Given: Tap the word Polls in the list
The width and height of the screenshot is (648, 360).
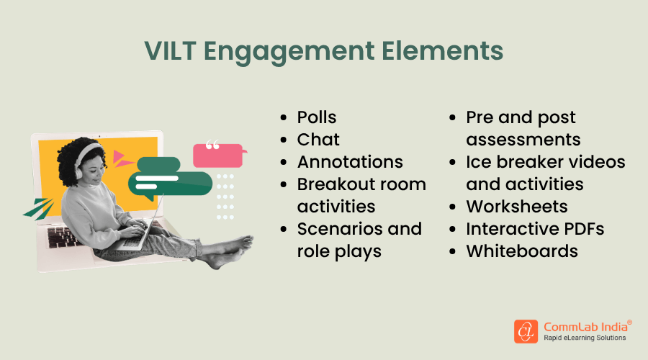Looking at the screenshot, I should tap(317, 117).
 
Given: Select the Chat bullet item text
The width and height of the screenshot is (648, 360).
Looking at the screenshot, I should tap(318, 140).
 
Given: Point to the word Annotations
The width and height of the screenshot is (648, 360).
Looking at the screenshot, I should tap(350, 162).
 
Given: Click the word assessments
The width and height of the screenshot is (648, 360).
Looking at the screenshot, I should tap(523, 140).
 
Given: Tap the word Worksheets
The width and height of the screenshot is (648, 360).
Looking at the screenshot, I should tap(517, 207).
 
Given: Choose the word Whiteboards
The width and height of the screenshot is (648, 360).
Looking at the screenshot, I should tap(522, 251).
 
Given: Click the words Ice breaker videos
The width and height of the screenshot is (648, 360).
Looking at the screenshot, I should tap(546, 162).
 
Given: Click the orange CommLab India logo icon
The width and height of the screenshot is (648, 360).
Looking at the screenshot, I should tap(526, 331).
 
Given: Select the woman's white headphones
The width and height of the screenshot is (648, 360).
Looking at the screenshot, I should tap(83, 153).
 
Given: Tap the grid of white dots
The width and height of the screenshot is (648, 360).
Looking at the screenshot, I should tap(225, 196).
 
